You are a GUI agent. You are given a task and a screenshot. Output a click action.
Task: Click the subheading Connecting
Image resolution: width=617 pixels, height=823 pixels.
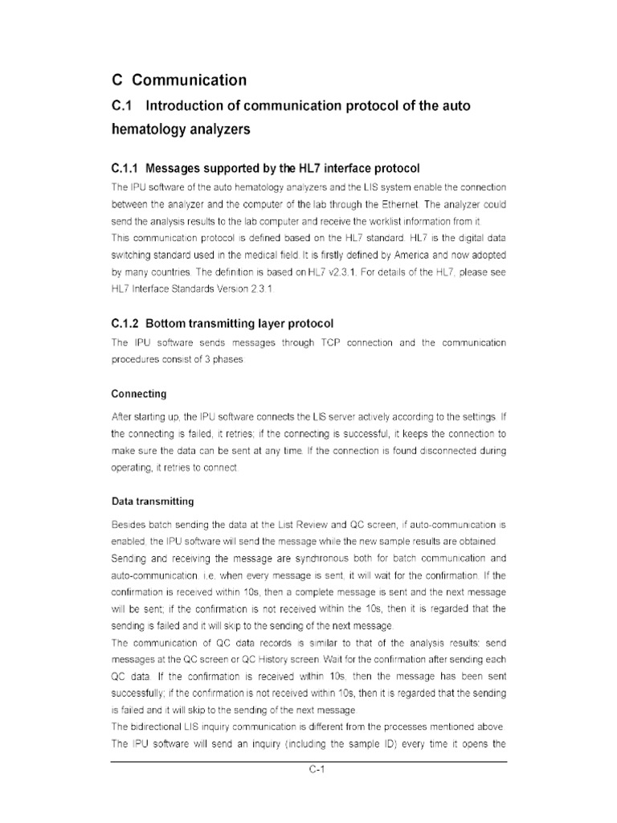tap(139, 394)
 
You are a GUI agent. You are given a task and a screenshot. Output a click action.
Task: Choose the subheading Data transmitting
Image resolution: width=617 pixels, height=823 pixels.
tap(153, 502)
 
